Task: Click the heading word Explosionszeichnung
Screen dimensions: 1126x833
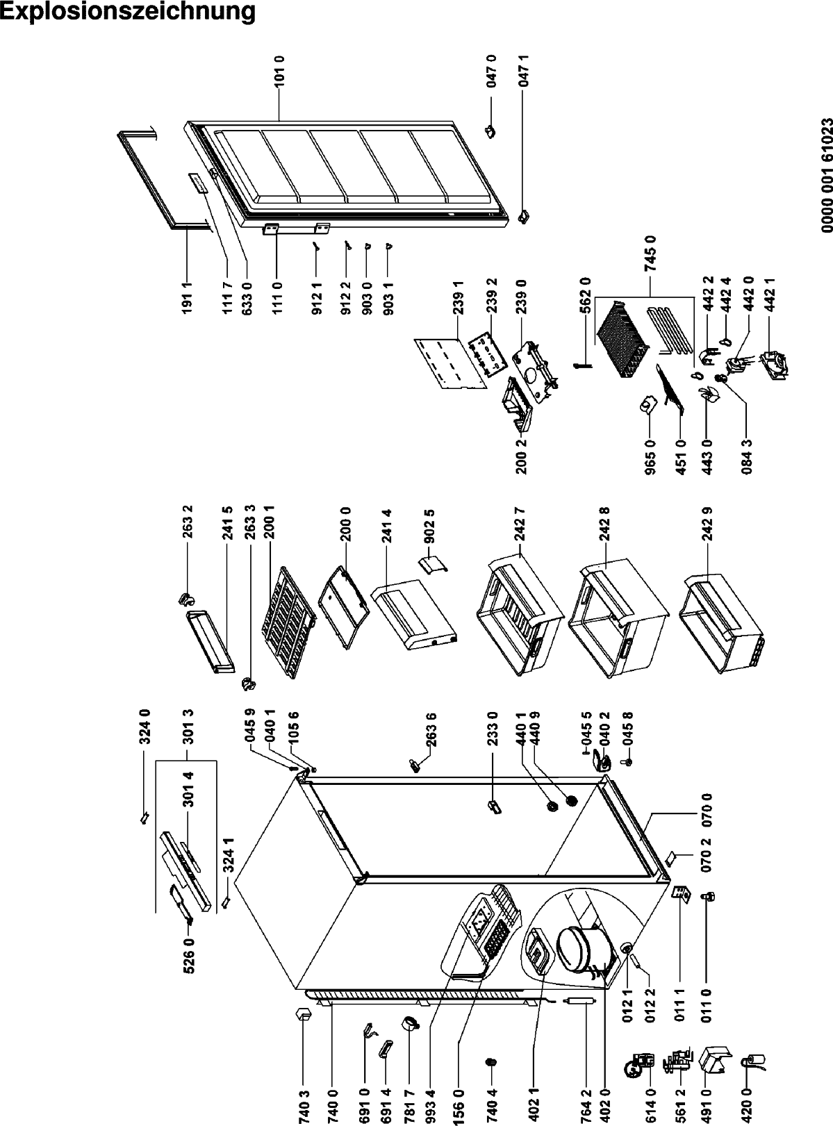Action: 128,13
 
